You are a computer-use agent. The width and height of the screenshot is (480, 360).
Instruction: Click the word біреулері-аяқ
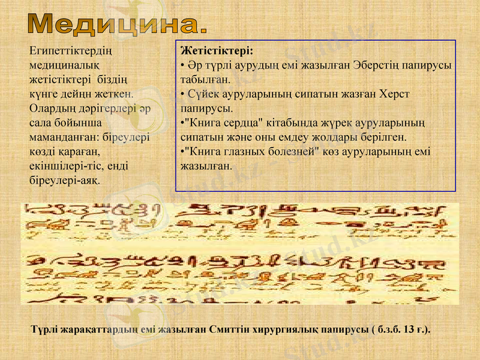pos(65,179)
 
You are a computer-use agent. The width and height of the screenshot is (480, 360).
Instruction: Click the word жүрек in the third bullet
pos(325,123)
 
